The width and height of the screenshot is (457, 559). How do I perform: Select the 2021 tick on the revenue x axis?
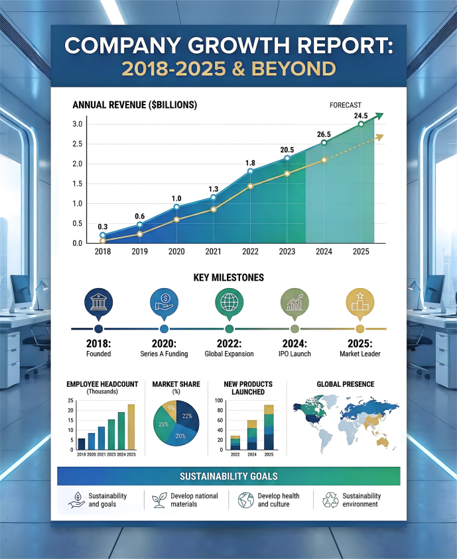click(x=213, y=252)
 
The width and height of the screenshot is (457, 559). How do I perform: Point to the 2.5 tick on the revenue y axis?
click(x=77, y=144)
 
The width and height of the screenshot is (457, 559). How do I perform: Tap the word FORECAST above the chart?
click(x=346, y=105)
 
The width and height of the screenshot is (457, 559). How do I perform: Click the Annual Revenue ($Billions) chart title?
click(x=135, y=105)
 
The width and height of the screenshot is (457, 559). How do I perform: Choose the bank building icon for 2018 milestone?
click(x=99, y=302)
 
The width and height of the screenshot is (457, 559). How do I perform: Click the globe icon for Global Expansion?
click(x=229, y=302)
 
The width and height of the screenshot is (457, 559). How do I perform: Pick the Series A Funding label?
click(x=164, y=354)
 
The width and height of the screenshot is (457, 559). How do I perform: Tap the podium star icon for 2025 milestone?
click(x=360, y=302)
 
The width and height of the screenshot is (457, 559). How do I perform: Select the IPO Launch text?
click(x=294, y=354)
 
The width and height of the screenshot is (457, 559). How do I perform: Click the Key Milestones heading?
click(x=229, y=278)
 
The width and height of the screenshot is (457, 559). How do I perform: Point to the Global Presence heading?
click(x=345, y=384)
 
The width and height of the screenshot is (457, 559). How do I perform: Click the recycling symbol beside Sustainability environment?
click(x=330, y=500)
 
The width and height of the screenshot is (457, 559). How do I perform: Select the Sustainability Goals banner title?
click(x=229, y=476)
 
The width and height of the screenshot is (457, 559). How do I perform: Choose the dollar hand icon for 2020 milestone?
click(x=164, y=302)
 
